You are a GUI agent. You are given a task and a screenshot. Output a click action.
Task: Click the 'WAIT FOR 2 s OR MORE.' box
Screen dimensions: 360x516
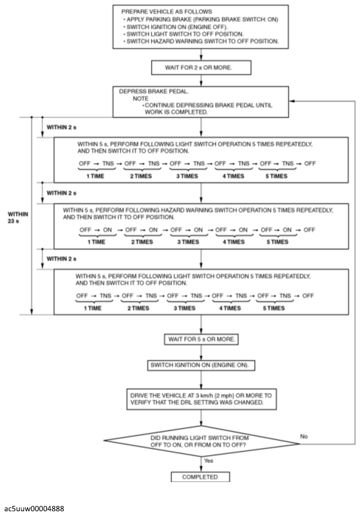[201, 68]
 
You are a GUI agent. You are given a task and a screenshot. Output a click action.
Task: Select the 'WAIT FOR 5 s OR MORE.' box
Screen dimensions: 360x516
[201, 339]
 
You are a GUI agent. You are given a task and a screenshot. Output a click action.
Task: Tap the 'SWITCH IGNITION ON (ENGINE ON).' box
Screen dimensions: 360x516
[201, 365]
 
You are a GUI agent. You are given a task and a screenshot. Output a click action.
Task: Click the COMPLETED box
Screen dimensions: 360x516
[200, 477]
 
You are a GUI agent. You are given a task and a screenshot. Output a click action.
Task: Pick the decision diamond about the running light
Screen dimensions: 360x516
[201, 441]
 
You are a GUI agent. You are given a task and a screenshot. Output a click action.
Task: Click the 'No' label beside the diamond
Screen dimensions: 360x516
[304, 436]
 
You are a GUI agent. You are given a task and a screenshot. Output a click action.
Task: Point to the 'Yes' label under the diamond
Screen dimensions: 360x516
[208, 460]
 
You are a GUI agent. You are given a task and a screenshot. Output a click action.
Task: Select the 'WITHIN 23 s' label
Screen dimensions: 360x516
[18, 217]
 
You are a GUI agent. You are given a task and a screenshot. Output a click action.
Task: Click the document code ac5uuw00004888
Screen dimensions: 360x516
[34, 509]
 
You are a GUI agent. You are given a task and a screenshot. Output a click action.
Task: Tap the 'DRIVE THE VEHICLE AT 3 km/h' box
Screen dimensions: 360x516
[201, 399]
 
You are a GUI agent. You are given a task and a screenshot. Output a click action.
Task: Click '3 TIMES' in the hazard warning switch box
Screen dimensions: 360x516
[188, 242]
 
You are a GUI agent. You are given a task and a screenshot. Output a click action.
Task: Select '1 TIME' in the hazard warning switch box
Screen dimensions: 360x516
[97, 242]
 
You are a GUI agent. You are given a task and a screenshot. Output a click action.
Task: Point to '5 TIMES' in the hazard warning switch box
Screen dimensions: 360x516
[277, 242]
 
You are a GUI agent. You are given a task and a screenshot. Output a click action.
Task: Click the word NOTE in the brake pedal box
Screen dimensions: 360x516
[140, 99]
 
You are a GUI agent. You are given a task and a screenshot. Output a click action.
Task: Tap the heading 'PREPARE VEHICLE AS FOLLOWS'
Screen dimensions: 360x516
[166, 11]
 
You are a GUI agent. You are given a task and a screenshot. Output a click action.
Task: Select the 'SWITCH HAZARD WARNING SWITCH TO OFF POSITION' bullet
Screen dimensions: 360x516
[201, 41]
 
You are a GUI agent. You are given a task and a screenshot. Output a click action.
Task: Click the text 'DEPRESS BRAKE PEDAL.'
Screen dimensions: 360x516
[154, 91]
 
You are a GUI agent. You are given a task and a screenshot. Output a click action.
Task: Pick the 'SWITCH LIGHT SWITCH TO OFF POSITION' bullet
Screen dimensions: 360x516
[184, 34]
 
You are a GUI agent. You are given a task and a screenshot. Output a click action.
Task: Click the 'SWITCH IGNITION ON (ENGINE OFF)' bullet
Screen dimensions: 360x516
[175, 27]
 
